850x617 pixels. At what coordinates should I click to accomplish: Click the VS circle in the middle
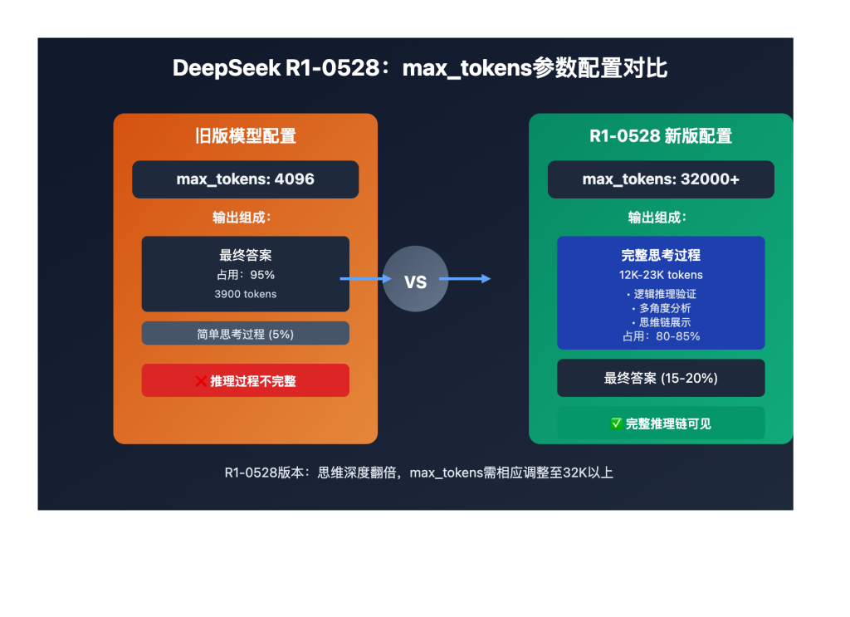click(415, 280)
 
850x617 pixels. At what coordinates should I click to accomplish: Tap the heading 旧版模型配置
click(245, 136)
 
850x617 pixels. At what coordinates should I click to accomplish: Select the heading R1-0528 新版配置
click(661, 136)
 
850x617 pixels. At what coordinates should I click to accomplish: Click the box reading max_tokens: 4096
click(245, 179)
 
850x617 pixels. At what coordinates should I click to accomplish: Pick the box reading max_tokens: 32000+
click(661, 179)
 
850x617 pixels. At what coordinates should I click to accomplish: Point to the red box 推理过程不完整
click(245, 381)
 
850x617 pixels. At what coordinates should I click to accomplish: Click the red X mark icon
click(201, 381)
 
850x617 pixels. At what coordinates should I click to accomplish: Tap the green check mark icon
click(616, 424)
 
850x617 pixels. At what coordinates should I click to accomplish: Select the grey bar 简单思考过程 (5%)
click(245, 334)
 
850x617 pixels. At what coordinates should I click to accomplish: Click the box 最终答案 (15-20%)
click(661, 379)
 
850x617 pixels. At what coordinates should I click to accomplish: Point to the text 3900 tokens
click(245, 294)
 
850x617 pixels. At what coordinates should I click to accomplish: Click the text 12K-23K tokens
click(661, 275)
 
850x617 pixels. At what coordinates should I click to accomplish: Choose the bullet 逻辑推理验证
click(661, 294)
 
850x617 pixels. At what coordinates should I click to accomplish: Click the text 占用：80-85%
click(661, 336)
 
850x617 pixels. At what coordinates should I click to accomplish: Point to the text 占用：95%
click(245, 275)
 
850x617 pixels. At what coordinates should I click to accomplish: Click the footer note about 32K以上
click(418, 473)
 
